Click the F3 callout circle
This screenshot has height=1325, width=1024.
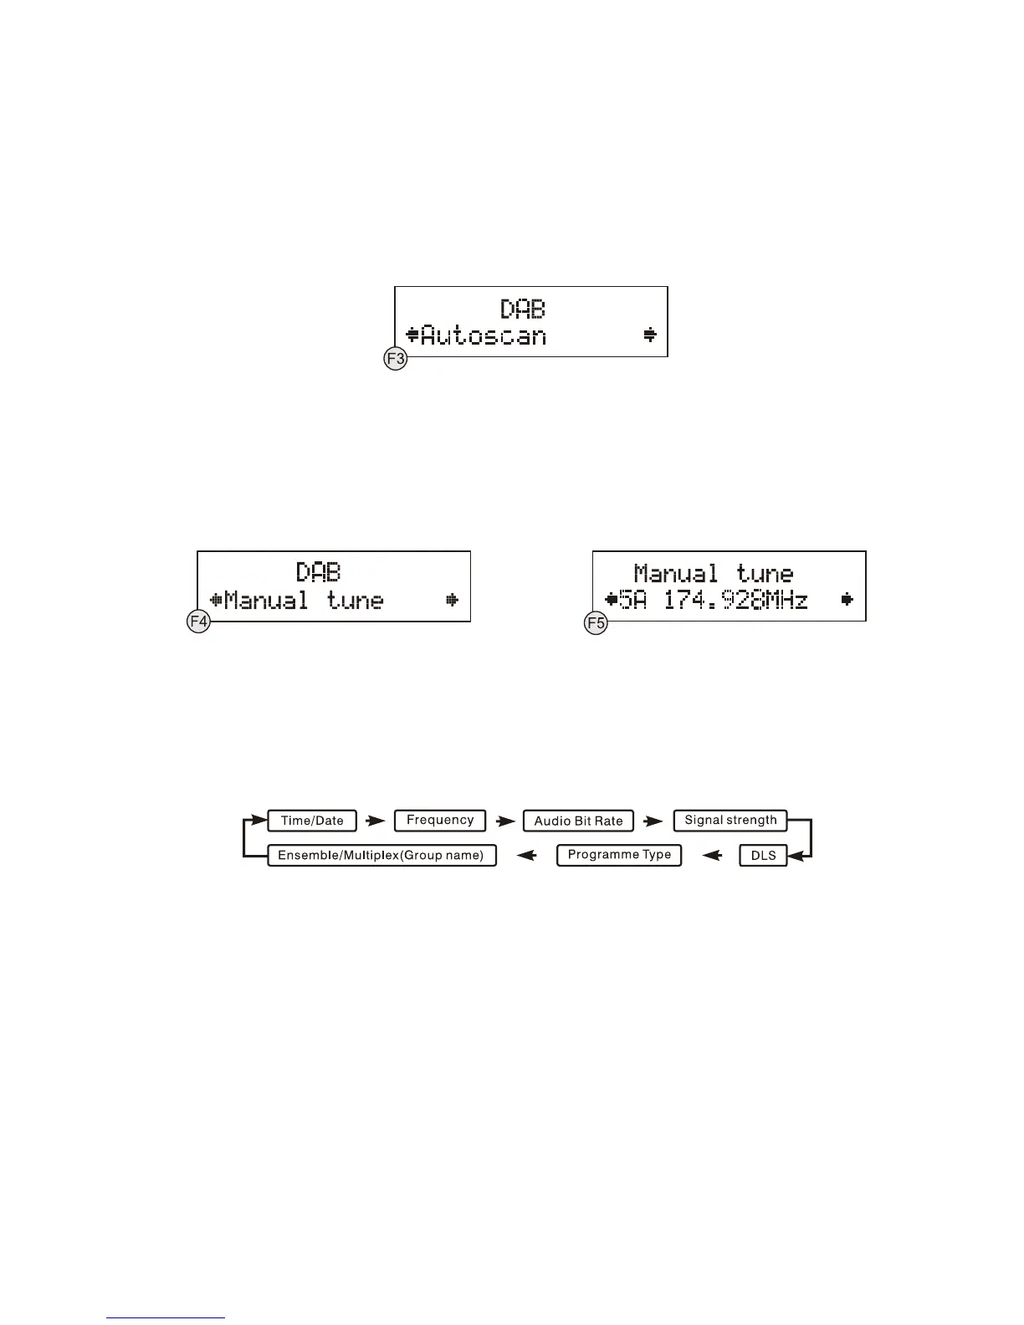pos(395,361)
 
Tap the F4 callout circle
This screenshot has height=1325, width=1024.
pos(198,622)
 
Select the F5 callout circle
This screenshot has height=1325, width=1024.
pos(594,623)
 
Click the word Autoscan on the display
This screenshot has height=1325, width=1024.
pos(483,336)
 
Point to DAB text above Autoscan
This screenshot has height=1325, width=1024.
pos(523,309)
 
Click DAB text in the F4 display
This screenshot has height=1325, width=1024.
pos(319,572)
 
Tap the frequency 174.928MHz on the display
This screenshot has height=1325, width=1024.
pos(735,600)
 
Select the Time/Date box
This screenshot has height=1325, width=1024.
pos(312,821)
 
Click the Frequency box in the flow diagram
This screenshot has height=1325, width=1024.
pos(440,821)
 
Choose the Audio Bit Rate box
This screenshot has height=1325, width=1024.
pos(578,821)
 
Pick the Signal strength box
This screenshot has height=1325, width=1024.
pos(730,821)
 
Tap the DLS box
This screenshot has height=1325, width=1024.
pos(763,856)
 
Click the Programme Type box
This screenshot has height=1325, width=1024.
pos(619,856)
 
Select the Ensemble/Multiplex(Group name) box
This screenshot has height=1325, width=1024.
pos(381,856)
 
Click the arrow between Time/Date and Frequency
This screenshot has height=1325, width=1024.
pos(376,821)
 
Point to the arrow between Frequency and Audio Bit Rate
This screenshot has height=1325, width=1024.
pos(504,821)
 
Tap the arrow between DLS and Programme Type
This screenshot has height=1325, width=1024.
pos(712,856)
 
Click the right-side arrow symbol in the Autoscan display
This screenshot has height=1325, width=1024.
pos(650,335)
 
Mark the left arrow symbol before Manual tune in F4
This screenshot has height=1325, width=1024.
pos(216,600)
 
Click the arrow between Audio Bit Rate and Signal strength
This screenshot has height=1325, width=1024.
pos(653,821)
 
